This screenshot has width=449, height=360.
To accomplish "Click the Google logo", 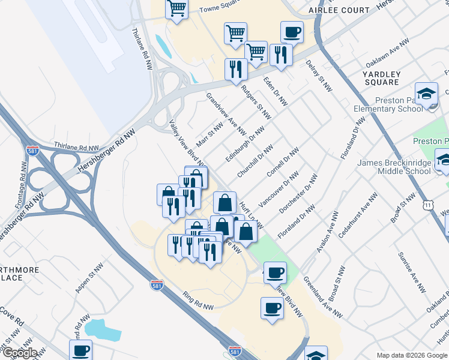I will (x=19, y=353).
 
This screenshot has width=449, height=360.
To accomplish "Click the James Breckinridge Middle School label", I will (x=403, y=167).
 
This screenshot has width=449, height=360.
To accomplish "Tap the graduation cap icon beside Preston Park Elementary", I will (x=426, y=94).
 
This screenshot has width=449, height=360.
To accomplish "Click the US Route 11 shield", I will (x=427, y=205).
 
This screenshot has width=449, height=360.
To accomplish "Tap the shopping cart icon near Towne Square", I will (x=177, y=8).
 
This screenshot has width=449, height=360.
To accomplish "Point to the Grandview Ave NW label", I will (x=226, y=113).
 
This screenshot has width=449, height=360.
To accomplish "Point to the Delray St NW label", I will (x=319, y=75).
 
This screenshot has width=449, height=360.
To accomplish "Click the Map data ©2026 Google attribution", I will (x=412, y=355).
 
